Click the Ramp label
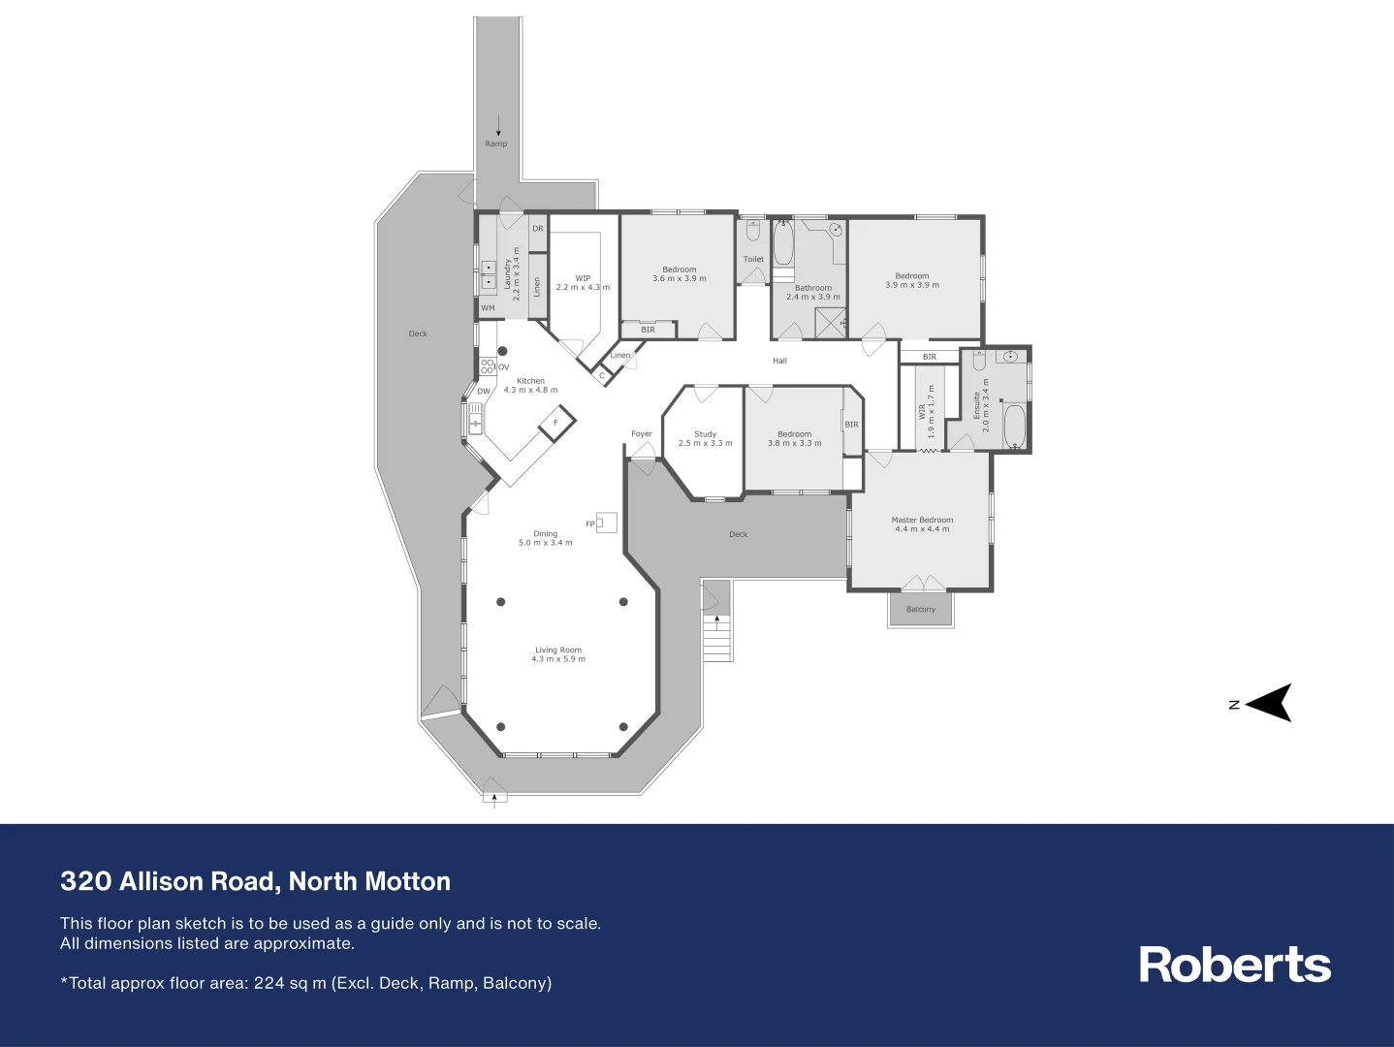[496, 143]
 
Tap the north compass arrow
[1269, 703]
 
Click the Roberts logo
[1234, 965]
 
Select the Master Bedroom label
[922, 521]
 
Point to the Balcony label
[921, 610]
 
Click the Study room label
[705, 434]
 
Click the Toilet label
[753, 259]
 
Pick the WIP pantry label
[583, 278]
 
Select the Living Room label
[558, 650]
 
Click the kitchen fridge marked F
[556, 423]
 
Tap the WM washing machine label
[488, 308]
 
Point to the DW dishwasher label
[483, 392]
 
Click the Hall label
[780, 361]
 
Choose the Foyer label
[642, 434]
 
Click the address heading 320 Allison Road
[255, 881]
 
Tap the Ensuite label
[977, 405]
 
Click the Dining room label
[545, 534]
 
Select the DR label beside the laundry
[538, 229]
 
